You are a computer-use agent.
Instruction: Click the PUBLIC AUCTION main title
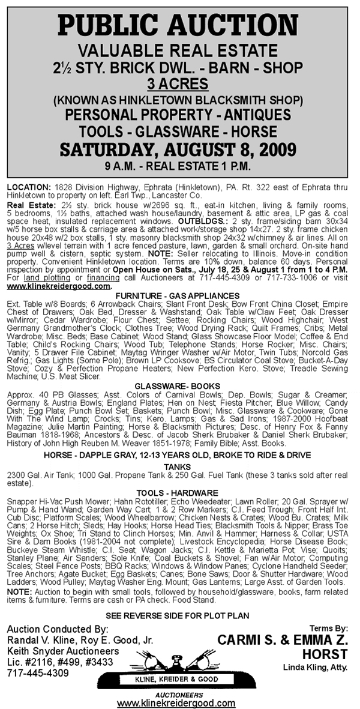pyautogui.click(x=179, y=25)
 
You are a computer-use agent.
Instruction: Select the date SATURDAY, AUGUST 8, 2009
pyautogui.click(x=179, y=148)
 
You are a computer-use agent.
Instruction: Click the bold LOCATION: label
pyautogui.click(x=28, y=189)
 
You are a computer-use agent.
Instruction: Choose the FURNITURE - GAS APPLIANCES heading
pyautogui.click(x=179, y=279)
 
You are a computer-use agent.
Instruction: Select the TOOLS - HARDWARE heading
pyautogui.click(x=179, y=493)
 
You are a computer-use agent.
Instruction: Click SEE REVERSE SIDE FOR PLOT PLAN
pyautogui.click(x=179, y=616)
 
